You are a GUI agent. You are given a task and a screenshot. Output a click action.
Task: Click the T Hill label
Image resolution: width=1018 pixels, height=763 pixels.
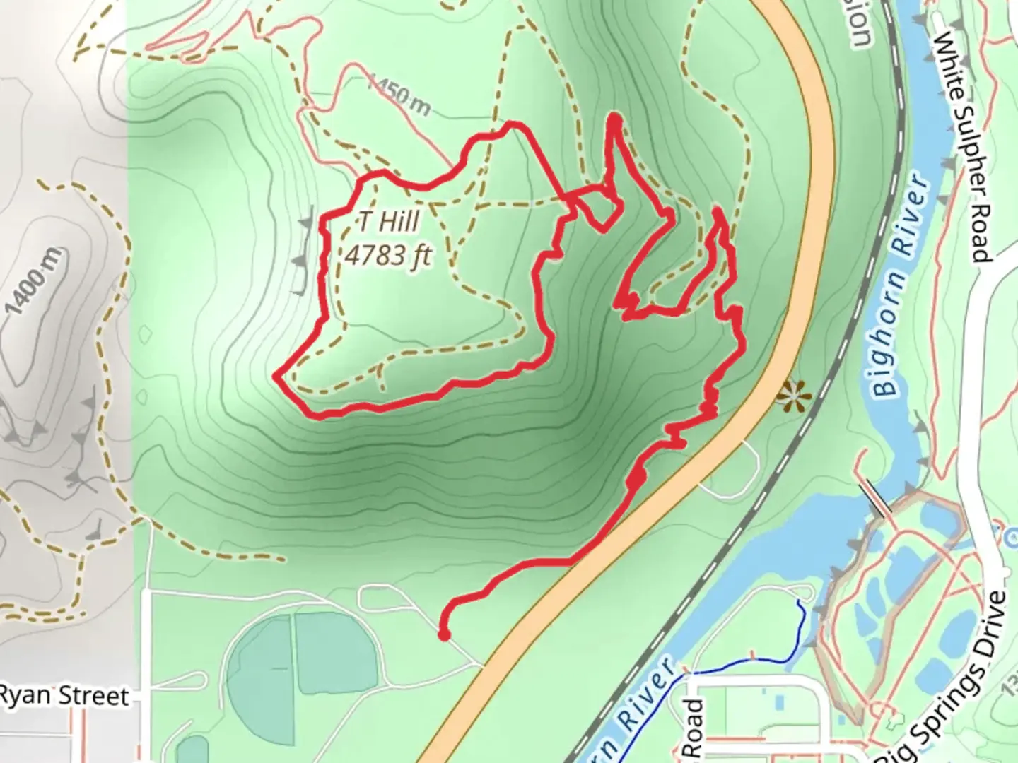point(388,222)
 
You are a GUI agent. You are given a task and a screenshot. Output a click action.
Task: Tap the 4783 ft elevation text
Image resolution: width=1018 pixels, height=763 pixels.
point(388,254)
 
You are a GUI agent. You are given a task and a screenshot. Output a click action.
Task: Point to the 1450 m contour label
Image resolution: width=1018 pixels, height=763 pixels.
point(399,96)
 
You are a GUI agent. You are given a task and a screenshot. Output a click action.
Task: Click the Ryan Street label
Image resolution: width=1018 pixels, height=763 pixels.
point(64,696)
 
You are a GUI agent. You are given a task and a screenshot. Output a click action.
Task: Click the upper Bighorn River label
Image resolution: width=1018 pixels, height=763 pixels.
point(898,283)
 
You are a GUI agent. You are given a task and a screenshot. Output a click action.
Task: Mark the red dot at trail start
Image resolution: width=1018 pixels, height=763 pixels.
point(444,635)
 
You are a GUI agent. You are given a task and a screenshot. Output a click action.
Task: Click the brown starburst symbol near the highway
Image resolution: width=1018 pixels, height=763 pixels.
point(790,396)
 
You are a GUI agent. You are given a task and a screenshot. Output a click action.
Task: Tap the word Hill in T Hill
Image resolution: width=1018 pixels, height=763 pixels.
point(397,222)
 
